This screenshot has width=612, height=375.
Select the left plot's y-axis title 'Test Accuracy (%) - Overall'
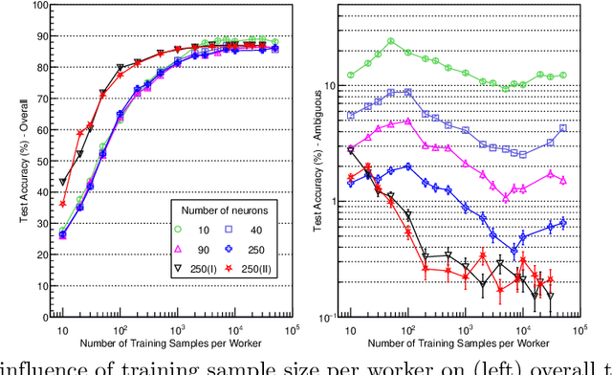click(x=11, y=163)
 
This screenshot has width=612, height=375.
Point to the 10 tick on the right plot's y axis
click(x=335, y=85)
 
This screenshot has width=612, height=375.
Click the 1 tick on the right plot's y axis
click(x=335, y=201)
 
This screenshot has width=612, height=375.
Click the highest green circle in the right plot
click(x=390, y=42)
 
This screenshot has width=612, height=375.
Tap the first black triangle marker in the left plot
click(x=63, y=182)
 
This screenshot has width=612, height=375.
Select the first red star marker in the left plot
click(x=63, y=203)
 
